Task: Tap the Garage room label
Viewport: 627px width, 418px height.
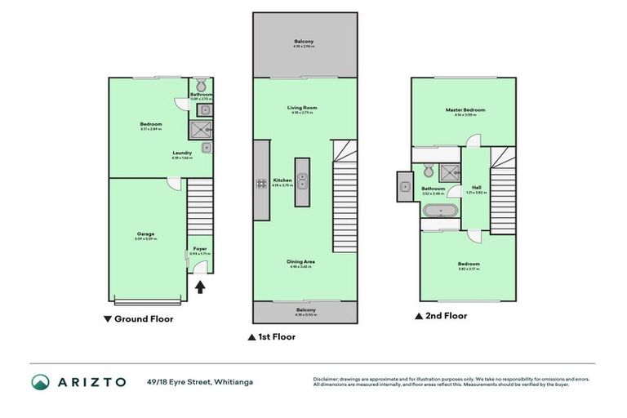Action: (146, 234)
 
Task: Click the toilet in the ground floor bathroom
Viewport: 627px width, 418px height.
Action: (201, 84)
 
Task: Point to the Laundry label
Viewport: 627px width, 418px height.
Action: (182, 153)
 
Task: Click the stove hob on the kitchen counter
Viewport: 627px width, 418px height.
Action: (262, 184)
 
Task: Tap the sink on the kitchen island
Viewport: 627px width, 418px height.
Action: (303, 180)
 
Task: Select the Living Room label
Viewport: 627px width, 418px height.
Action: (302, 108)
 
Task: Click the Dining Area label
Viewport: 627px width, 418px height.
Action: (301, 261)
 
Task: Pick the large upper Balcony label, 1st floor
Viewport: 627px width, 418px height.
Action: (304, 42)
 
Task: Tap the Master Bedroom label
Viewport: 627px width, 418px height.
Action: (465, 110)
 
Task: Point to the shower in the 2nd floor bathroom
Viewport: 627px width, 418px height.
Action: (447, 171)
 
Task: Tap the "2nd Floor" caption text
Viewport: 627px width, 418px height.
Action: (446, 315)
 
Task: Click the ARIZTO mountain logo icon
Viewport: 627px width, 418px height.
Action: (41, 382)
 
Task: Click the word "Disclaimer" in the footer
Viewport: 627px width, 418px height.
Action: (327, 378)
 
